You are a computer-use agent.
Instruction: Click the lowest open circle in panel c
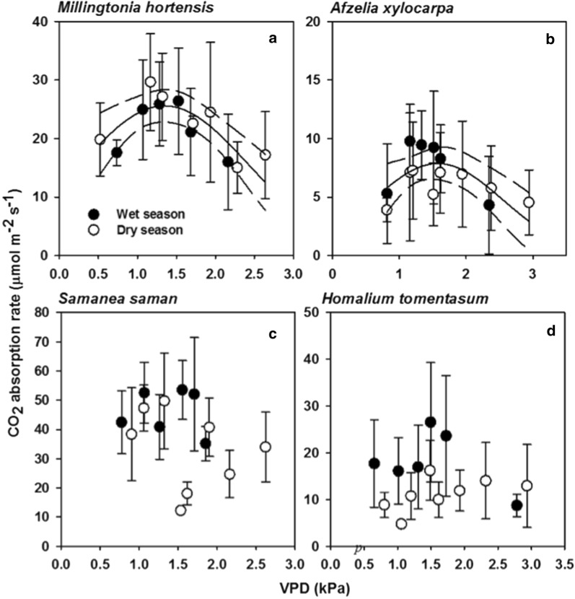[180, 510]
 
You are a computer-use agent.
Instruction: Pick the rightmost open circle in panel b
[529, 202]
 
